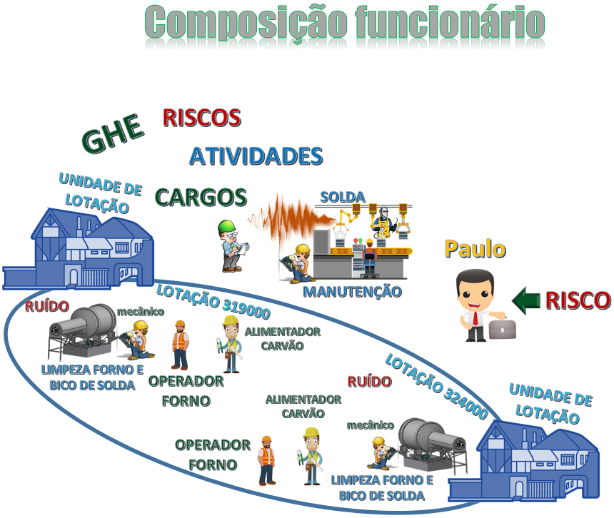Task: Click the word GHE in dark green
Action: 113,133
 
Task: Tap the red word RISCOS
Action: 201,118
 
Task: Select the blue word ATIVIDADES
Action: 256,156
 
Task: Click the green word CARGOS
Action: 201,197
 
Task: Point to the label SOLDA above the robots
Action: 343,197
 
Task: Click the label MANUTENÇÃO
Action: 353,292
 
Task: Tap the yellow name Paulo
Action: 475,249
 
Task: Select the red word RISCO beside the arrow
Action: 578,300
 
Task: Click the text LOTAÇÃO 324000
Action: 437,386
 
